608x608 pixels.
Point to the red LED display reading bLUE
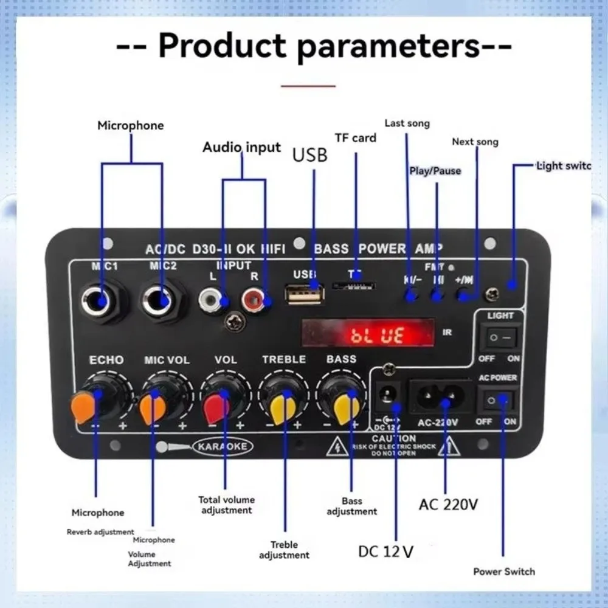click(368, 334)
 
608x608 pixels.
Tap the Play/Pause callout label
click(435, 171)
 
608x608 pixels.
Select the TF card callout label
click(356, 138)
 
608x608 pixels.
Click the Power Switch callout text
click(504, 572)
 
